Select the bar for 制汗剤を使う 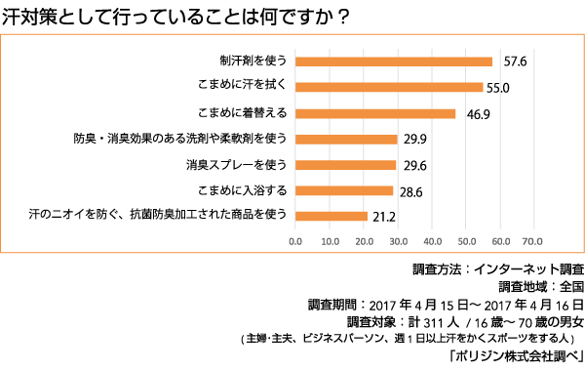tap(393, 62)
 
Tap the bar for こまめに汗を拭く tap(388, 87)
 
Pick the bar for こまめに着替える tap(374, 113)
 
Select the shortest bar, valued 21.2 tap(331, 216)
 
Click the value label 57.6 tap(515, 62)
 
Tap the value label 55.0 tap(499, 87)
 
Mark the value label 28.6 tap(409, 190)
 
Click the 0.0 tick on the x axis tap(295, 238)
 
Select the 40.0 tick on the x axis tap(430, 238)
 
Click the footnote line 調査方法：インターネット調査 tap(498, 268)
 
